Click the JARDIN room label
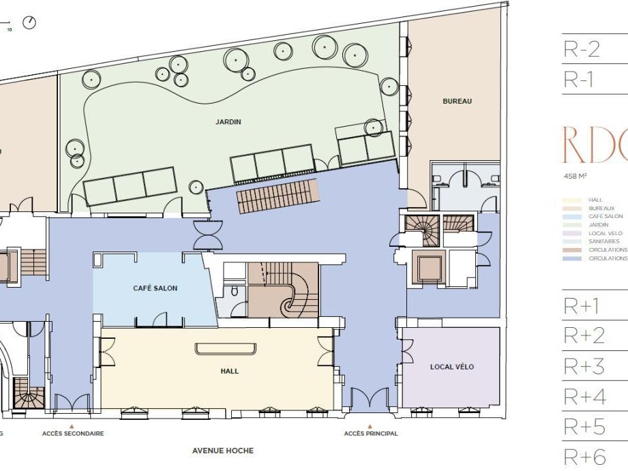[228, 123]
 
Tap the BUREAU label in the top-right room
[457, 102]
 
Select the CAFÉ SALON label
[155, 288]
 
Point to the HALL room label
[229, 371]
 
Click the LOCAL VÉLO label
[451, 367]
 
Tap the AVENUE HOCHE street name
[222, 451]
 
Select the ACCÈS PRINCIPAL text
[370, 434]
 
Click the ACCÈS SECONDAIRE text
[73, 434]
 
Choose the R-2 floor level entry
[581, 50]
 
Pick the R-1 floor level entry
[579, 80]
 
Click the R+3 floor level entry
[584, 367]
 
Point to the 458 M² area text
[575, 176]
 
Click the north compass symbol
[29, 22]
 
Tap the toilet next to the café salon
[233, 291]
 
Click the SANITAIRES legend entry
[603, 241]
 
